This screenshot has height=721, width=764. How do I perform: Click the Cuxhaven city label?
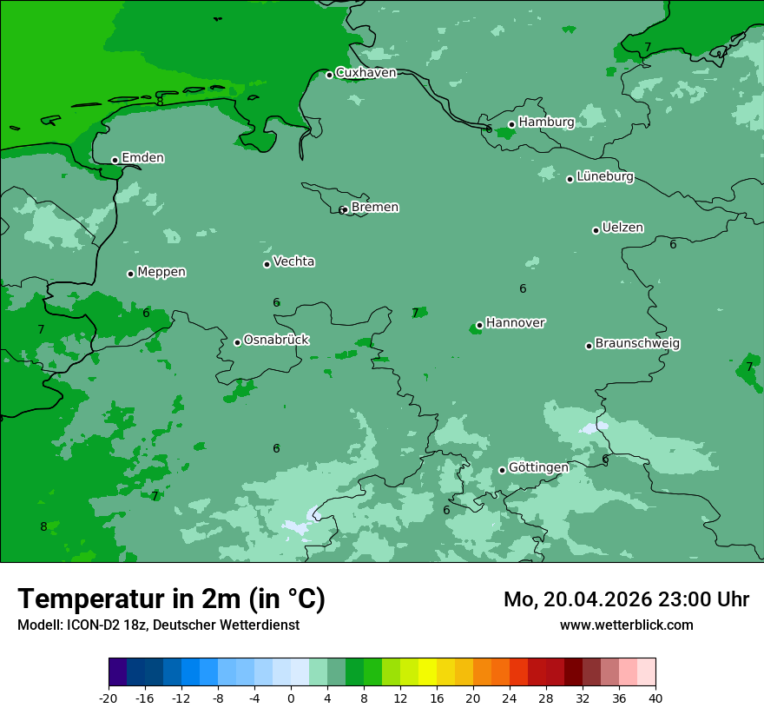pyautogui.click(x=366, y=73)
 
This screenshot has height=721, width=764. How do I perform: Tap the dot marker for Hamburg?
pyautogui.click(x=511, y=124)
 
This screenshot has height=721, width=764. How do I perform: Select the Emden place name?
pyautogui.click(x=142, y=158)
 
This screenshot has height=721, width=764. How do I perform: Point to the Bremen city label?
pyautogui.click(x=374, y=208)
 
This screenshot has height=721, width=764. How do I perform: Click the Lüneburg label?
pyautogui.click(x=604, y=177)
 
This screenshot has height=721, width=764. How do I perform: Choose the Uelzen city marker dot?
pyautogui.click(x=596, y=230)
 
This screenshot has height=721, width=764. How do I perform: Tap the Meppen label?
pyautogui.click(x=161, y=272)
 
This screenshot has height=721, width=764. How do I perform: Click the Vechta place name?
pyautogui.click(x=293, y=261)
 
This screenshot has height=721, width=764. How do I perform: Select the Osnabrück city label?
pyautogui.click(x=276, y=341)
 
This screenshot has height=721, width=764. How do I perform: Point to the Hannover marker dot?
pyautogui.click(x=479, y=326)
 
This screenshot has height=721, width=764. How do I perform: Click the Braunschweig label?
pyautogui.click(x=637, y=344)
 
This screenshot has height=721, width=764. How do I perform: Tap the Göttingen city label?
pyautogui.click(x=538, y=468)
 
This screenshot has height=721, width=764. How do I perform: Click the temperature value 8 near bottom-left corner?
pyautogui.click(x=43, y=526)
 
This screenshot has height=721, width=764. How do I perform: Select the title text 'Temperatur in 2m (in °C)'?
pyautogui.click(x=171, y=599)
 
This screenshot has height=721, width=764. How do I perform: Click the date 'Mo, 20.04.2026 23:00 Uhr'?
pyautogui.click(x=626, y=599)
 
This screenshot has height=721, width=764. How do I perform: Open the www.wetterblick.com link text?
pyautogui.click(x=626, y=625)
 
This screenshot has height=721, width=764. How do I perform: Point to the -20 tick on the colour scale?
pyautogui.click(x=109, y=698)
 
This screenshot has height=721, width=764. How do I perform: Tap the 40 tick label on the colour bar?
pyautogui.click(x=655, y=698)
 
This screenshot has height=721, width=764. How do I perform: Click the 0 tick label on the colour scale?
pyautogui.click(x=291, y=698)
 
